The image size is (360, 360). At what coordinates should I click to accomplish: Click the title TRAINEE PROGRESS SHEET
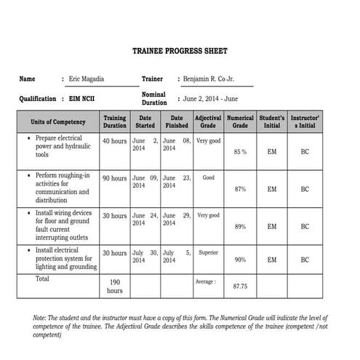[x=180, y=52]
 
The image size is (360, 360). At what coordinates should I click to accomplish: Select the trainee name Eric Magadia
[x=87, y=79]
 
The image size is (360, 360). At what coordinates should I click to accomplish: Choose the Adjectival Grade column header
[x=207, y=121]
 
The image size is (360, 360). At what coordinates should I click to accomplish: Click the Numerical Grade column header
[x=240, y=121]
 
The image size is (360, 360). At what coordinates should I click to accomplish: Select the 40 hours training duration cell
[x=114, y=141]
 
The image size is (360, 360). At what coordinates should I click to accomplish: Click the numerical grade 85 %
[x=240, y=152]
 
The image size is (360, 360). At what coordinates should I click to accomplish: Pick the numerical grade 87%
[x=240, y=189]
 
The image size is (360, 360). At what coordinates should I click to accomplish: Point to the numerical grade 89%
[x=240, y=227]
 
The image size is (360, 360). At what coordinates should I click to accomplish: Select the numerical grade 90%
[x=240, y=260]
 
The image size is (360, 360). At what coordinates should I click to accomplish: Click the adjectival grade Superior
[x=208, y=253]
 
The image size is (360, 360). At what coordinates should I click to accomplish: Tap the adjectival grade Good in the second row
[x=208, y=177]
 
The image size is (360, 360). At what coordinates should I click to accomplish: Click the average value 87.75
[x=240, y=287]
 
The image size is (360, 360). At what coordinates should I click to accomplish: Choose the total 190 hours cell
[x=114, y=286]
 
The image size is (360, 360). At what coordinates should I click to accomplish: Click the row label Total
[x=43, y=279]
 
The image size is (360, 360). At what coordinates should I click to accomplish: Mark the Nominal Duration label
[x=153, y=98]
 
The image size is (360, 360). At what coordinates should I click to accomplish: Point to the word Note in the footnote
[x=41, y=319]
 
